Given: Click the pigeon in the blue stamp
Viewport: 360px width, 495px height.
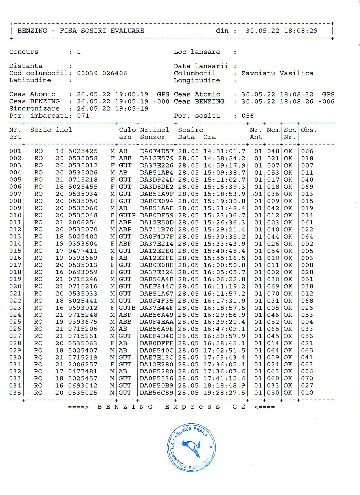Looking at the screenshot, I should tap(192, 448).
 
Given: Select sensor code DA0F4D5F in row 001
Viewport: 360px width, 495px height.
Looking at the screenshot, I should tap(157, 151).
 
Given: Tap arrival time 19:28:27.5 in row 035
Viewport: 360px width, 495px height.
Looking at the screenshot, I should tap(224, 393).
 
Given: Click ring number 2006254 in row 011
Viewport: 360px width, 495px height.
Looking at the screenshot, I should tap(83, 222).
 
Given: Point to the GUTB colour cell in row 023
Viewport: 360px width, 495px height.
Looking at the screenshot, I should tap(127, 308).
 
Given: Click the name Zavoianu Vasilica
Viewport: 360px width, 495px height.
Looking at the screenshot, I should tap(277, 73).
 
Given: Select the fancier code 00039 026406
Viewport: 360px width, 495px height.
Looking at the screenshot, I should tap(102, 73).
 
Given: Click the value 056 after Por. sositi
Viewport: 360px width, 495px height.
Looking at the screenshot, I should tap(248, 116).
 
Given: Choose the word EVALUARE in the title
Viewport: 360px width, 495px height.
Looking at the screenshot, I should tap(127, 31).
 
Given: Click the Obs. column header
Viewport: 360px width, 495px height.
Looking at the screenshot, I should tap(309, 130).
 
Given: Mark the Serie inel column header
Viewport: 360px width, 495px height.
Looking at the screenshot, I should tap(51, 130).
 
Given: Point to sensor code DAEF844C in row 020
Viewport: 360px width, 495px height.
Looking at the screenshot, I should tap(157, 286).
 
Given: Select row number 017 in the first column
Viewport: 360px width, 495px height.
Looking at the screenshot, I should tap(15, 265).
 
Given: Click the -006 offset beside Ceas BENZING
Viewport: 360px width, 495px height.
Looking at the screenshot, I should tap(326, 102).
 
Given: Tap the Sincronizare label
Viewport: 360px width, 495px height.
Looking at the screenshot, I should tap(34, 109).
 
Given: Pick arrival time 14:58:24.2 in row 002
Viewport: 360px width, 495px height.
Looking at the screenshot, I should tap(224, 158).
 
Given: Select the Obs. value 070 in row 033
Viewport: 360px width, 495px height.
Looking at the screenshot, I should tap(307, 378).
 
